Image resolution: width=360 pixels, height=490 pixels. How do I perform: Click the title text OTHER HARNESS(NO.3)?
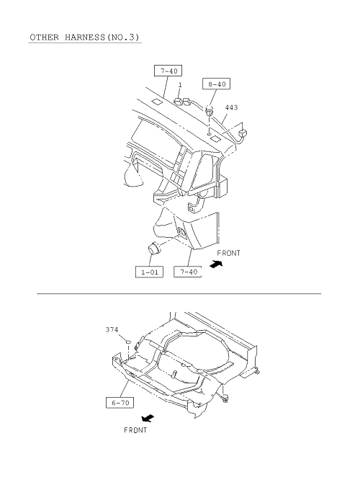coord(85,37)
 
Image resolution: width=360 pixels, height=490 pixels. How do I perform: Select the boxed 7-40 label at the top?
coord(168,71)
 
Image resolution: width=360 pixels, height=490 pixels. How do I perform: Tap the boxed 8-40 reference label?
coord(217,84)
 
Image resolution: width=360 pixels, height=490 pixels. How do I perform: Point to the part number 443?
coord(231,107)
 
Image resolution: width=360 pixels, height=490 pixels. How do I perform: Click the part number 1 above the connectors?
coord(180,85)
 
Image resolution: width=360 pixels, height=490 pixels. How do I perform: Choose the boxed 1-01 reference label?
coord(149,272)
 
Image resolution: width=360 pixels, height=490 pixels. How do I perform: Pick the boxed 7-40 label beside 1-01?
coord(188,272)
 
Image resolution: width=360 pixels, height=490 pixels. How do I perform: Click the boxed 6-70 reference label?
coord(120,403)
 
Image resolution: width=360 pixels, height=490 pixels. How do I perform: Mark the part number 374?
coord(112,329)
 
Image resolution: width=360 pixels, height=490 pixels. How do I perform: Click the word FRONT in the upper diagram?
coord(228,253)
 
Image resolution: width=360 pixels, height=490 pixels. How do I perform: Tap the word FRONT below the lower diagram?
coord(135,430)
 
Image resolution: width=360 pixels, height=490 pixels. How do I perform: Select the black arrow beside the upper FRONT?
coord(217,264)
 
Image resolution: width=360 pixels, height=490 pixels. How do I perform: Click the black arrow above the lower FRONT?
coord(148,418)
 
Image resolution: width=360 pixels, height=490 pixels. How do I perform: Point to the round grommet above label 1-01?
coord(153,248)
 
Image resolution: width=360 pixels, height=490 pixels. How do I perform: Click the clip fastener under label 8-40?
coord(210,111)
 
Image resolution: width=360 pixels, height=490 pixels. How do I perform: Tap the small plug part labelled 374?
coord(128,342)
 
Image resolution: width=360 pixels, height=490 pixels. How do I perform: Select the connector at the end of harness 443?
coord(243,133)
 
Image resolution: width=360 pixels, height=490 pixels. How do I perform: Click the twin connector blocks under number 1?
coord(182,102)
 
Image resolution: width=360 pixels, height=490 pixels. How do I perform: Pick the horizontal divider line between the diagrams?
coord(179,294)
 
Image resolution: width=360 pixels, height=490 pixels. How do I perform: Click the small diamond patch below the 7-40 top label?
coord(157,102)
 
